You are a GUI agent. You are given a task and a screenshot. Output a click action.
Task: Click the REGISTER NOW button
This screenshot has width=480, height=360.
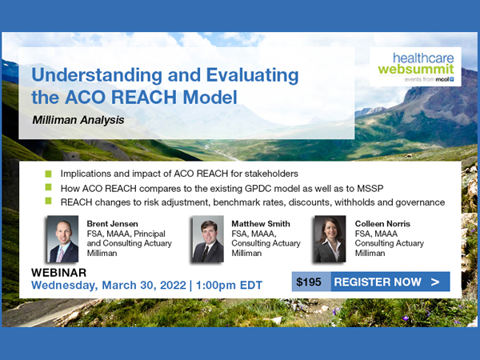pyautogui.click(x=390, y=282)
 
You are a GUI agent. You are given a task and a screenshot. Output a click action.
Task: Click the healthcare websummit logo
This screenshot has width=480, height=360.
pyautogui.click(x=415, y=66)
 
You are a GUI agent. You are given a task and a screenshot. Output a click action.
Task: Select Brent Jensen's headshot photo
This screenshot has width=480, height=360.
pyautogui.click(x=62, y=239)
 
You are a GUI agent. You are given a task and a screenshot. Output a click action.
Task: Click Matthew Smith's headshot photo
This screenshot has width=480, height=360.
pyautogui.click(x=208, y=239)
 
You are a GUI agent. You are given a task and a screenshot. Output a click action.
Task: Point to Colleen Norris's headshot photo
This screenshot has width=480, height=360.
pyautogui.click(x=330, y=239)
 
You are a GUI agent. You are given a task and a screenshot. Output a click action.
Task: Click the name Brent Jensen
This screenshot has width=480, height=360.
pyautogui.click(x=112, y=224)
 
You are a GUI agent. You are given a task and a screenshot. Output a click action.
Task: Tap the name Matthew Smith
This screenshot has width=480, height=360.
pyautogui.click(x=261, y=224)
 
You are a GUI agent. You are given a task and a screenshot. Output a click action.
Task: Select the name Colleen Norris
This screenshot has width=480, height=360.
pyautogui.click(x=382, y=224)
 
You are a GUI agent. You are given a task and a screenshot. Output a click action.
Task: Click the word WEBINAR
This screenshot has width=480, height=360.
pyautogui.click(x=58, y=273)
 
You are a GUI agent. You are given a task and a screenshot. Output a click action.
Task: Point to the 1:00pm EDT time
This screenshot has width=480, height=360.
pyautogui.click(x=229, y=286)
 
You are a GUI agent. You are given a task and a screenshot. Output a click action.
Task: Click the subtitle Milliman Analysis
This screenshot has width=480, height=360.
pyautogui.click(x=78, y=120)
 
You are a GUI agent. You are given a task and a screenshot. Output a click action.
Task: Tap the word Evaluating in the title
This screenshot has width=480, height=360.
pyautogui.click(x=252, y=75)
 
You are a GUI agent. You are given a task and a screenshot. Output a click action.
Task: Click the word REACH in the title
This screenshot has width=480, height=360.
pyautogui.click(x=144, y=98)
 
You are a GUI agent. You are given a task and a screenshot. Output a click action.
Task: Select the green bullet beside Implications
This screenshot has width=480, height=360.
pyautogui.click(x=48, y=174)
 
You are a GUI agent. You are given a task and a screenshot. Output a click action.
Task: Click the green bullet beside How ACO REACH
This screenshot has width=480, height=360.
pyautogui.click(x=48, y=186)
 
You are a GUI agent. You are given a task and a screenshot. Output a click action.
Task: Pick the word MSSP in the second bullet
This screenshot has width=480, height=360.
pyautogui.click(x=370, y=189)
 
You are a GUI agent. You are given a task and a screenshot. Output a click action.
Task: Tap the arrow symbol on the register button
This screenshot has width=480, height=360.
pyautogui.click(x=435, y=282)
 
